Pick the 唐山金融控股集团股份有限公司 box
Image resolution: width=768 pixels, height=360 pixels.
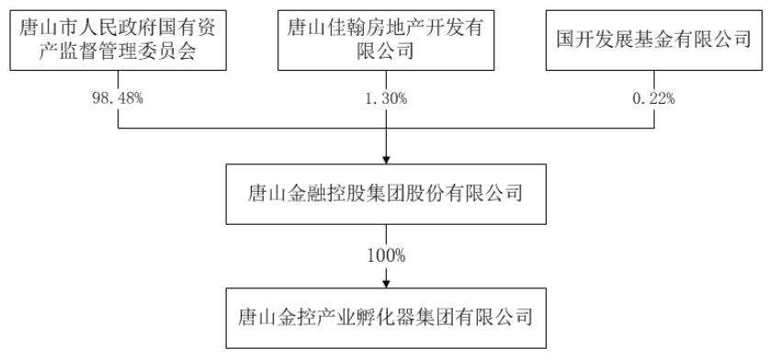coord(385,195)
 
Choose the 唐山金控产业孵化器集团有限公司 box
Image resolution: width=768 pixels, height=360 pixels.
coord(385,318)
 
